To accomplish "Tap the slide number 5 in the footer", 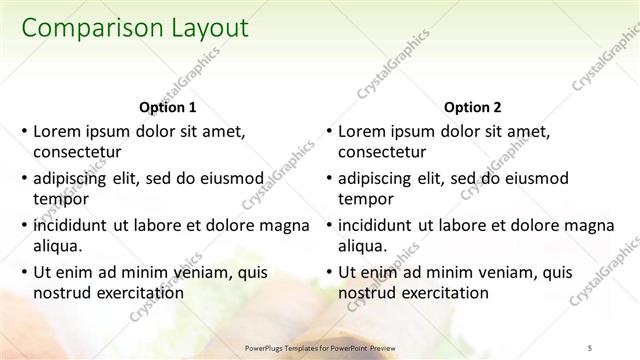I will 591,347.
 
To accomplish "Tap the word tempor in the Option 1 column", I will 59,199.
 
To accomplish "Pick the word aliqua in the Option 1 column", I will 60,246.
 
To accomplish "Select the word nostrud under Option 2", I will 365,293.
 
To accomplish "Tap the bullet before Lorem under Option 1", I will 23,131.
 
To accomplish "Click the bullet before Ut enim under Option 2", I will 328,271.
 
